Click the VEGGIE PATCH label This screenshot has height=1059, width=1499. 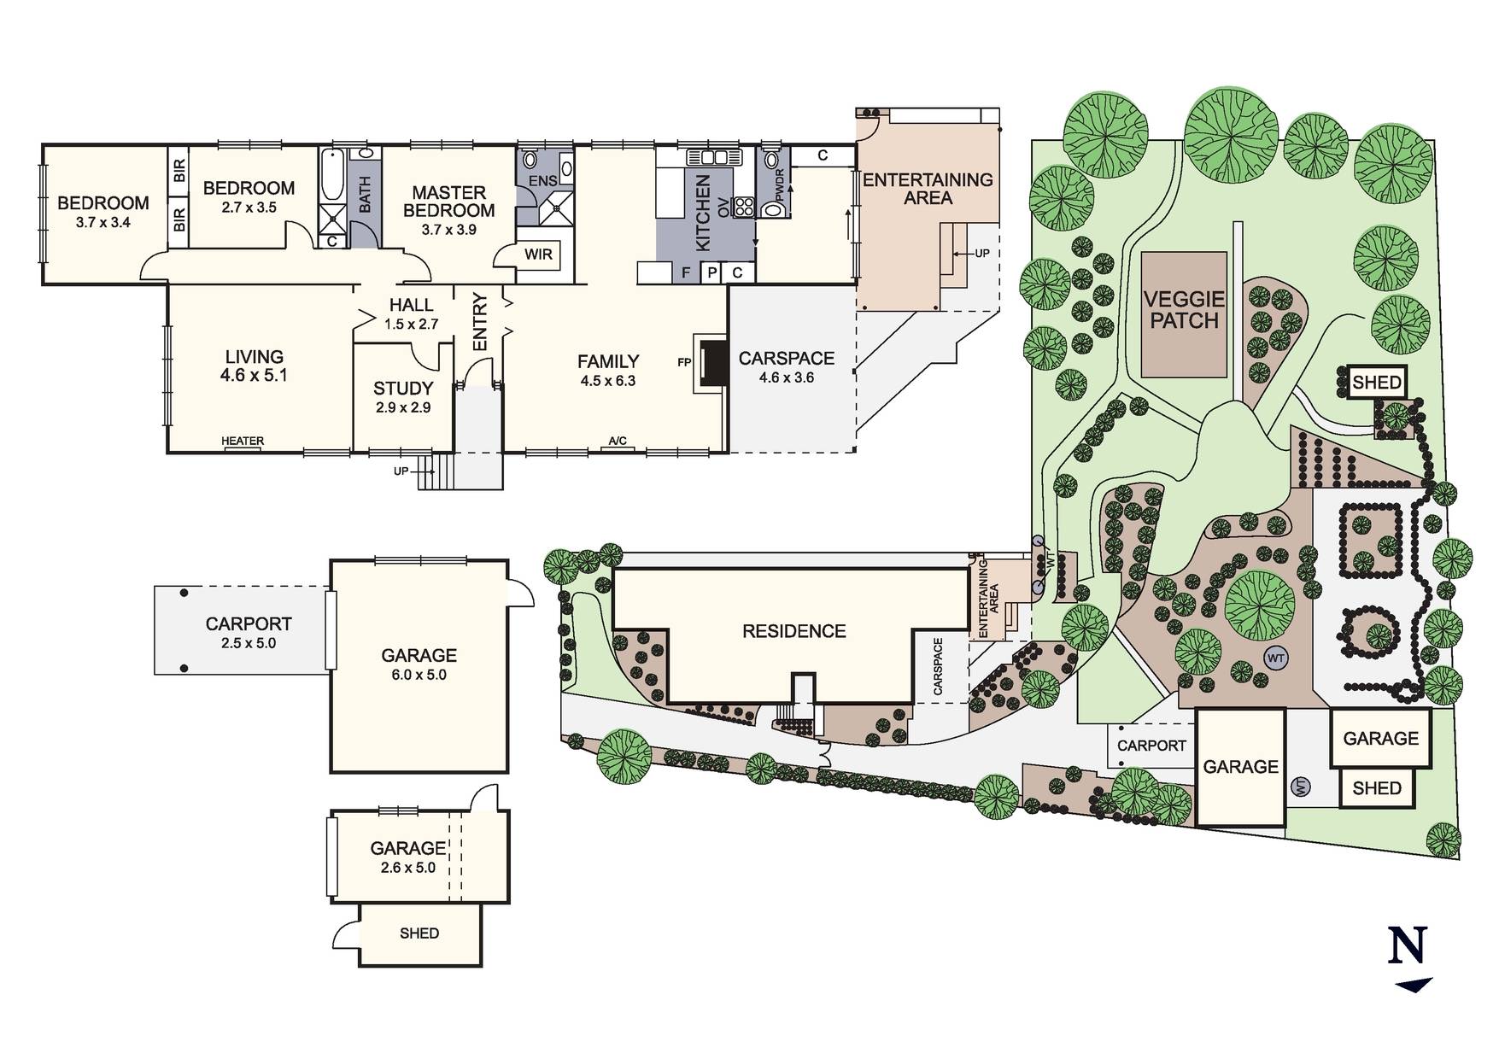1184,310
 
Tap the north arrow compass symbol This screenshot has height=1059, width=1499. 1412,960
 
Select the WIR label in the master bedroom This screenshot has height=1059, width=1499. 538,255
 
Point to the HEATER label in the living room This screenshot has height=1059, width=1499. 243,441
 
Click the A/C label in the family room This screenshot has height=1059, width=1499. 618,442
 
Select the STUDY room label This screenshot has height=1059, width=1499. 403,389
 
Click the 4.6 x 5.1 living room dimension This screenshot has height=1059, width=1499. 253,375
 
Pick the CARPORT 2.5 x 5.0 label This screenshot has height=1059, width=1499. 249,633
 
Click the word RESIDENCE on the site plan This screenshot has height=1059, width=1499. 794,631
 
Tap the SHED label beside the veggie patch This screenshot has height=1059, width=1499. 1377,383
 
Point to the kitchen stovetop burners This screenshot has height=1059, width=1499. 744,206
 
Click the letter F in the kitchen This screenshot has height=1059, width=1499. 685,273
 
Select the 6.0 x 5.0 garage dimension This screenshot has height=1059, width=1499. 419,675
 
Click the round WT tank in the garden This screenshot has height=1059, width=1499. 1276,658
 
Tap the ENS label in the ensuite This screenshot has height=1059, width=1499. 542,181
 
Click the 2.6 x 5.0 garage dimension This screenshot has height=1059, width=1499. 407,868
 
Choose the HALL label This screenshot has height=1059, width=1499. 411,305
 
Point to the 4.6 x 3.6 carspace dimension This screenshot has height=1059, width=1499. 787,377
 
